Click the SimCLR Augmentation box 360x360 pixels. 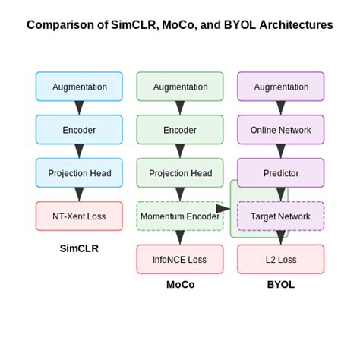tap(79, 87)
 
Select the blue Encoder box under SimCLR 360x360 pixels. tap(79, 130)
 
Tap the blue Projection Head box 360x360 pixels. tap(79, 173)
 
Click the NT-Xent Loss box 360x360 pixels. tap(79, 216)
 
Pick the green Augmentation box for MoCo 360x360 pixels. tap(180, 87)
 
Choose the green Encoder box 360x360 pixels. tap(180, 130)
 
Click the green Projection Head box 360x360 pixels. tap(180, 173)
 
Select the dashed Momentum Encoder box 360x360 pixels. tap(180, 216)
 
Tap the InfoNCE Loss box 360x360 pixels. tap(180, 260)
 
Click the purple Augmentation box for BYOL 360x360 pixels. tap(281, 87)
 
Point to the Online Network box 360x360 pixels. tap(281, 130)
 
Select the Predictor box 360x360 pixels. tap(281, 173)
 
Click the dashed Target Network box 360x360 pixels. tap(281, 216)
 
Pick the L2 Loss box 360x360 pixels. tap(281, 260)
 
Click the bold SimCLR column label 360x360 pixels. tap(79, 248)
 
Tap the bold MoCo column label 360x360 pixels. tap(180, 285)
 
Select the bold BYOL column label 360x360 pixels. tap(281, 285)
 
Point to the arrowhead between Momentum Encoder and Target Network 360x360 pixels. tap(224, 208)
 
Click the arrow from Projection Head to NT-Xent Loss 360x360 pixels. tap(79, 194)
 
